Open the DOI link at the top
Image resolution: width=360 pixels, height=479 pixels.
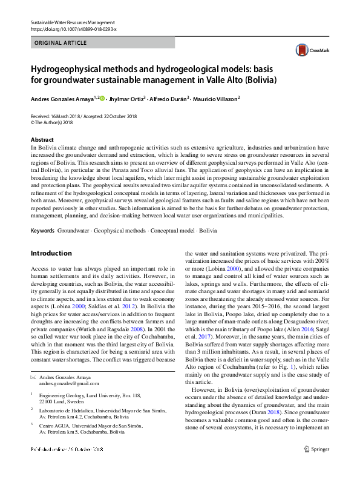pos(73,28)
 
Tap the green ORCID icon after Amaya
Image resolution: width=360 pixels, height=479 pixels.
pos(102,97)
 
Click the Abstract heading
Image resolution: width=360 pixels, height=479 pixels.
pos(41,139)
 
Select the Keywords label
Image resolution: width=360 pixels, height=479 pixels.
pos(43,231)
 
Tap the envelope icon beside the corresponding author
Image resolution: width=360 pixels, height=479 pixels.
pos(33,377)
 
